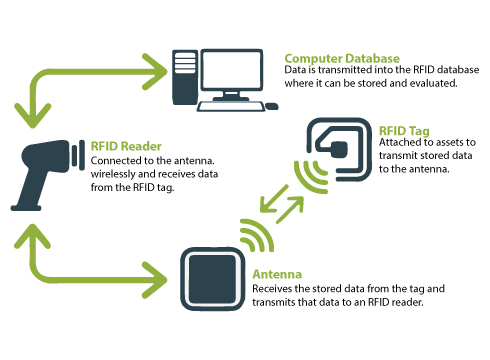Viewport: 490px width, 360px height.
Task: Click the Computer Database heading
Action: [342, 59]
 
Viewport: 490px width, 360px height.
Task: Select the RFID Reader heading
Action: [126, 146]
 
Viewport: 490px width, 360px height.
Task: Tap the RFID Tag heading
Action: [404, 131]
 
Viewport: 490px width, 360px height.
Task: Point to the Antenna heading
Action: [277, 274]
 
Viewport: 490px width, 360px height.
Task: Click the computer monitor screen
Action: [232, 70]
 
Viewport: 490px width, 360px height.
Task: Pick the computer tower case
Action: [185, 77]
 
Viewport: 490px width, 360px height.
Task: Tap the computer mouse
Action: [272, 106]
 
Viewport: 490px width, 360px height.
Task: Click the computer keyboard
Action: [231, 107]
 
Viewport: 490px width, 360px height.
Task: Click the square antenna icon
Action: [212, 279]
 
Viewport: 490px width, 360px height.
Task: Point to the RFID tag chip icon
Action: [339, 149]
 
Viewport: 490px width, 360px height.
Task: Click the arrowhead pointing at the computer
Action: [155, 72]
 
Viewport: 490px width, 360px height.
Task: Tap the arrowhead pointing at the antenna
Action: [155, 280]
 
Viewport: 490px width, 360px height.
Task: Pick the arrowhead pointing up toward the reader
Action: [32, 236]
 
